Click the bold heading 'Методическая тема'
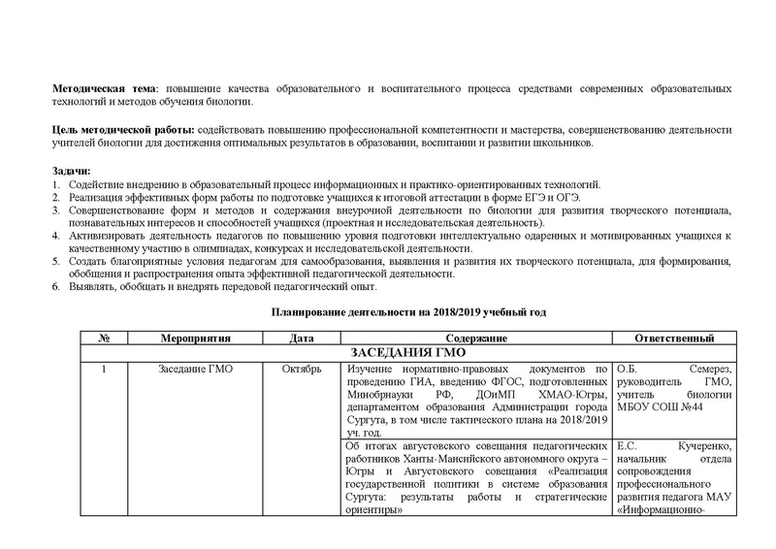(x=107, y=89)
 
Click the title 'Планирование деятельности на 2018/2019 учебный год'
(x=405, y=314)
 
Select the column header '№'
(x=103, y=338)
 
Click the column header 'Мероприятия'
(x=195, y=338)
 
